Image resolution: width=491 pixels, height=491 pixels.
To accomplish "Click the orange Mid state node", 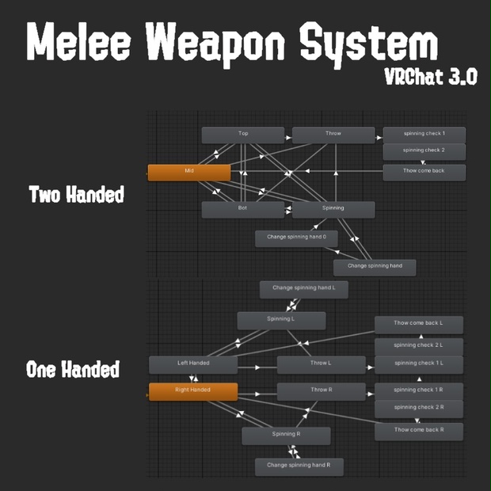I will click(x=189, y=172).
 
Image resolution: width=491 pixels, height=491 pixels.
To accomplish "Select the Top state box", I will click(x=243, y=135).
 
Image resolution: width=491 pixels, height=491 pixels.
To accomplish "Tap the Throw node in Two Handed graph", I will click(x=333, y=135).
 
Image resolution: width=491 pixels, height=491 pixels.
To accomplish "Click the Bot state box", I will click(x=243, y=209).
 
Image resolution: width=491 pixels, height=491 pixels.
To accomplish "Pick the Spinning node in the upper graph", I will click(x=333, y=209).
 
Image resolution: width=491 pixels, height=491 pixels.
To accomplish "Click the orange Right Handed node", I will click(x=193, y=391).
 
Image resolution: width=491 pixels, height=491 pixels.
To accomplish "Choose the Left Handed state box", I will click(x=193, y=364).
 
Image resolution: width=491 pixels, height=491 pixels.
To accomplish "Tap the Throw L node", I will click(x=321, y=364).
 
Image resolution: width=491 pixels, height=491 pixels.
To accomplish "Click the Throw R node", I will click(x=321, y=391).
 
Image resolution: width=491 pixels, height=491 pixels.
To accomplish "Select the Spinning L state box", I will click(x=281, y=320).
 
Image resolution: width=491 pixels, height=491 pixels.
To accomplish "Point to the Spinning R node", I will click(x=286, y=436).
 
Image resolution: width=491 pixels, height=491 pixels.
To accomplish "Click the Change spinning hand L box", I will click(x=304, y=289).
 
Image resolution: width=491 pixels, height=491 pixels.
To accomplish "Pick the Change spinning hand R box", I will click(x=299, y=466).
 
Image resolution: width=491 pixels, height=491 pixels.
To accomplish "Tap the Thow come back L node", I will click(x=419, y=324).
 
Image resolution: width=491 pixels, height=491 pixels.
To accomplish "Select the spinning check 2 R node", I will click(x=419, y=408).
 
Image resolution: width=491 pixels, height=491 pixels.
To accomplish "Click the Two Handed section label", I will click(x=76, y=195).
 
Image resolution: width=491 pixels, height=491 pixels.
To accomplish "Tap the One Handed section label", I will click(x=73, y=370).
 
